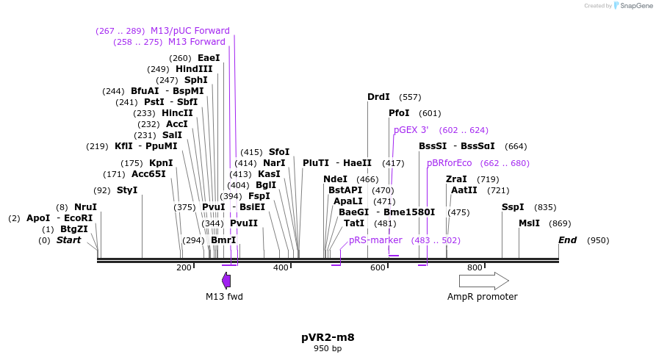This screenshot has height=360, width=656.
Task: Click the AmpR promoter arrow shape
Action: (x=483, y=281)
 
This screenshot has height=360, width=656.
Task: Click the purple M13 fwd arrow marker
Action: (x=226, y=280)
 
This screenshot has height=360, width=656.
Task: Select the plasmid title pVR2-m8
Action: (x=328, y=337)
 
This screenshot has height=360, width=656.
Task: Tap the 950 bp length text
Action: (x=328, y=348)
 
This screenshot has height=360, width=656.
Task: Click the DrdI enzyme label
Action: (x=378, y=97)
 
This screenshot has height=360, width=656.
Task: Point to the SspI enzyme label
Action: (x=513, y=207)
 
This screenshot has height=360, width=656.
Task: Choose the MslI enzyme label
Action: (x=529, y=223)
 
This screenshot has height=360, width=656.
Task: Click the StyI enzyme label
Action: (x=126, y=190)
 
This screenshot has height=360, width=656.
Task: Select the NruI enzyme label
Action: (x=85, y=207)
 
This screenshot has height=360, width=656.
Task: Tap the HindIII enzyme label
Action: (x=194, y=69)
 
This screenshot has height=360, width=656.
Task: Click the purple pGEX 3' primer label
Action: (x=411, y=130)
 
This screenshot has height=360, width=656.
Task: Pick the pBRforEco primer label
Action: (x=449, y=163)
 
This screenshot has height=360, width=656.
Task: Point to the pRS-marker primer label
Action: (x=375, y=240)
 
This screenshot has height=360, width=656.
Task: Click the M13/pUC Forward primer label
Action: (x=190, y=31)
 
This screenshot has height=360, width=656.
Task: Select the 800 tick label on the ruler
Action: (x=475, y=267)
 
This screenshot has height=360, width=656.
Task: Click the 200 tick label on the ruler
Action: (x=184, y=267)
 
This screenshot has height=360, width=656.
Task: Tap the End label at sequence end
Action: (x=567, y=240)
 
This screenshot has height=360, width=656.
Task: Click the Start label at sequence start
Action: (x=68, y=240)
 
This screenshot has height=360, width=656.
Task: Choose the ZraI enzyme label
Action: (x=456, y=179)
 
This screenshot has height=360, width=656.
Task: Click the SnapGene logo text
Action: (x=635, y=6)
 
